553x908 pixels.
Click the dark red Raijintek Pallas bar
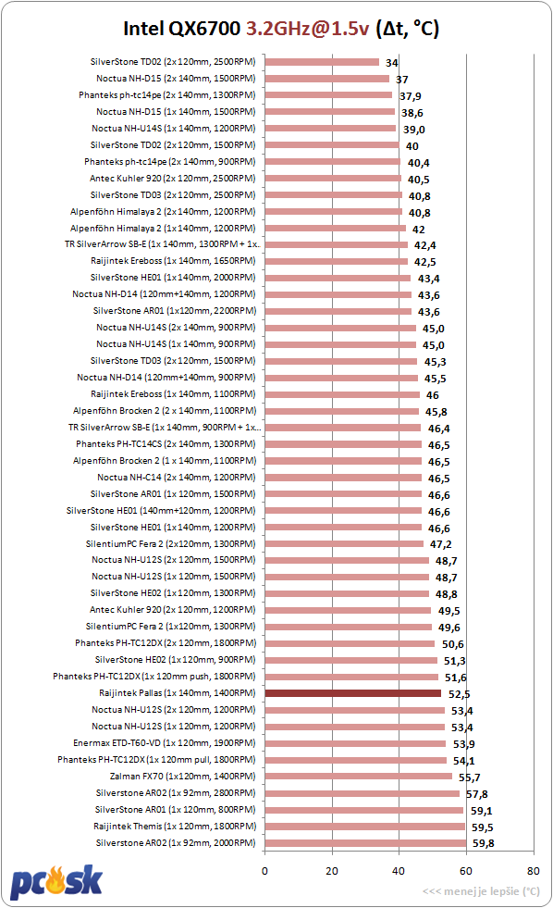353,693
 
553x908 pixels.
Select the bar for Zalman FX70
359,777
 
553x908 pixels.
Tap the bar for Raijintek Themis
365,827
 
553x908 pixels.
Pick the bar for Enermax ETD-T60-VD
355,743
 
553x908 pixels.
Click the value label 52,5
460,694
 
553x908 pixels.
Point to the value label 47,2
441,543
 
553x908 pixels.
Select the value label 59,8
483,843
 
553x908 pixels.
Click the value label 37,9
410,95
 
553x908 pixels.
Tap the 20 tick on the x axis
332,870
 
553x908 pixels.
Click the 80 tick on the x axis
534,870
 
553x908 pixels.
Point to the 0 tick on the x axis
264,870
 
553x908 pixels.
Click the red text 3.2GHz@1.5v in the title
307,29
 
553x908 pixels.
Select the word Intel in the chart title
143,29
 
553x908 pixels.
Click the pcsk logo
56,881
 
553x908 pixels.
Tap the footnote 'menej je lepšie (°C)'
492,891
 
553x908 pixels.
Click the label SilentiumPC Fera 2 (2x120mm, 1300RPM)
171,543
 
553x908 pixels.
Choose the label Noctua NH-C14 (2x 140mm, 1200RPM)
177,478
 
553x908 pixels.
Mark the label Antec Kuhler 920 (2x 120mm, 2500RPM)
172,179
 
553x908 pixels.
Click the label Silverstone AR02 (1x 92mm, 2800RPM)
176,792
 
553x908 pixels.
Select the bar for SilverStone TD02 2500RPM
322,62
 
